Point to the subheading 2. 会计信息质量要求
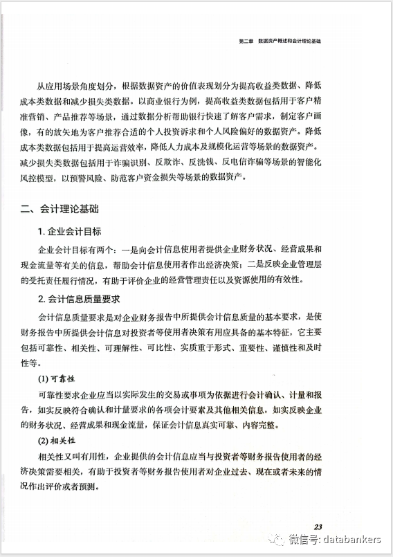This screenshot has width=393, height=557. (x=80, y=299)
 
